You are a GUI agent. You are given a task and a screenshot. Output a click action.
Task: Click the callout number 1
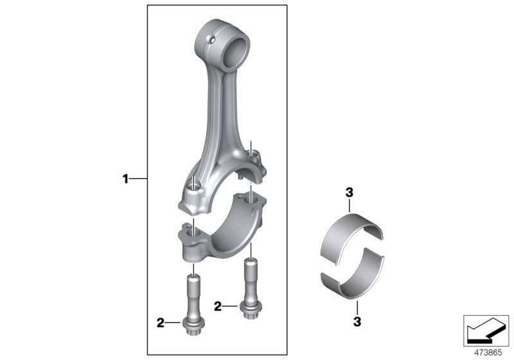126,178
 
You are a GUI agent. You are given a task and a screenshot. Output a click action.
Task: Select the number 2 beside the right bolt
218,307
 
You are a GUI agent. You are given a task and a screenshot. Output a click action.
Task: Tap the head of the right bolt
249,310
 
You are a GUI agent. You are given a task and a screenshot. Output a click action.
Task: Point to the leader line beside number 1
139,178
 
